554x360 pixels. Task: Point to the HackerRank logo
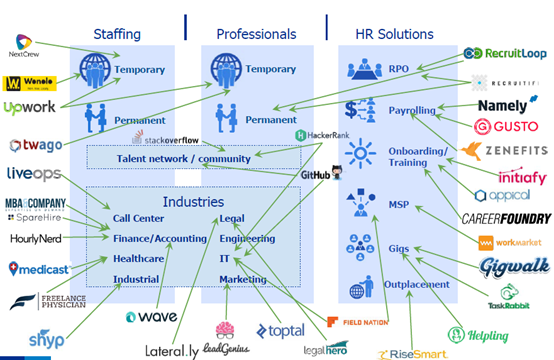coord(318,135)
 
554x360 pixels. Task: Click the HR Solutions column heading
coord(399,34)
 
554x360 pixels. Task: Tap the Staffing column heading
coord(116,34)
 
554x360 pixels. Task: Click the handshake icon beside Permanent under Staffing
coord(97,117)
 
